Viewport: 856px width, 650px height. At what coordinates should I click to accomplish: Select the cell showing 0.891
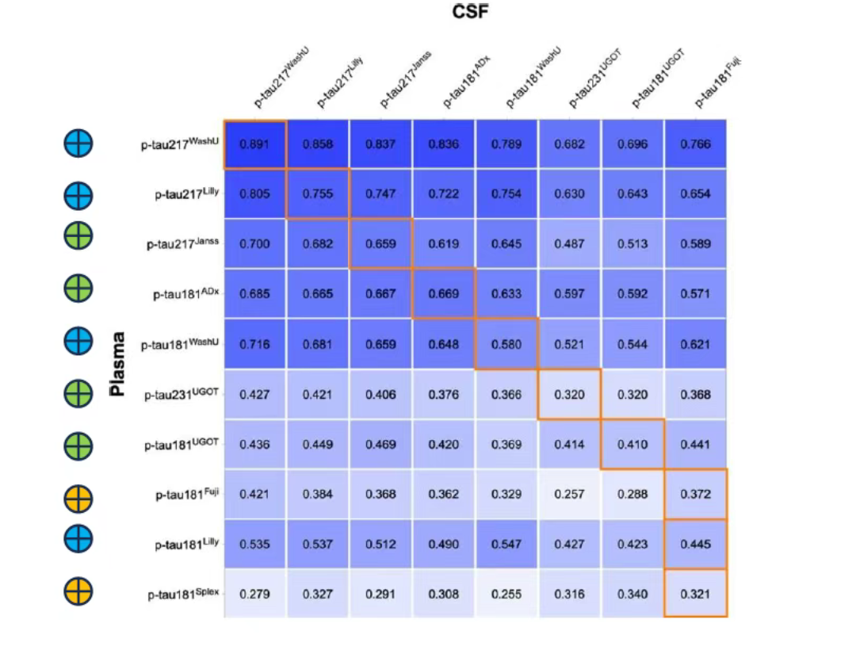point(254,144)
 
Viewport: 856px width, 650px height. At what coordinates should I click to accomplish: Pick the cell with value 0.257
point(570,495)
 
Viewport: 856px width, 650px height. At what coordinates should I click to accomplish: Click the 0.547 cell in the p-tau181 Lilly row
point(506,545)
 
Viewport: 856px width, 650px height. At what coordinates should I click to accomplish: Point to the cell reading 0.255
point(506,594)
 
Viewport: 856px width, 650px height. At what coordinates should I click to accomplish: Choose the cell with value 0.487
point(570,244)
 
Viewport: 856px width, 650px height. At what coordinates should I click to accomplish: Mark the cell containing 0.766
point(696,144)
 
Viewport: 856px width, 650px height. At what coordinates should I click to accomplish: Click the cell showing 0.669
point(444,294)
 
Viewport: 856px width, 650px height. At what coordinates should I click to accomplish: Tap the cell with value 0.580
point(506,344)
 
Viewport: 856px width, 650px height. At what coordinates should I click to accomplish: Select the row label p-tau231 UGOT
point(182,394)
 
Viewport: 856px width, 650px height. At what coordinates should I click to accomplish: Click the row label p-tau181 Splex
point(183,594)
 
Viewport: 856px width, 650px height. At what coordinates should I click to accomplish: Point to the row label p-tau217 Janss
point(182,245)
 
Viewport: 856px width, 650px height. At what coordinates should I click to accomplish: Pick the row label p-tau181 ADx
point(185,294)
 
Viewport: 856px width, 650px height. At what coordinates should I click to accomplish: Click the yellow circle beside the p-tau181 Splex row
point(78,591)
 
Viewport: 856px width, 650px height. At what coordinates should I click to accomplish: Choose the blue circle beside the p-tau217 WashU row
point(78,143)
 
